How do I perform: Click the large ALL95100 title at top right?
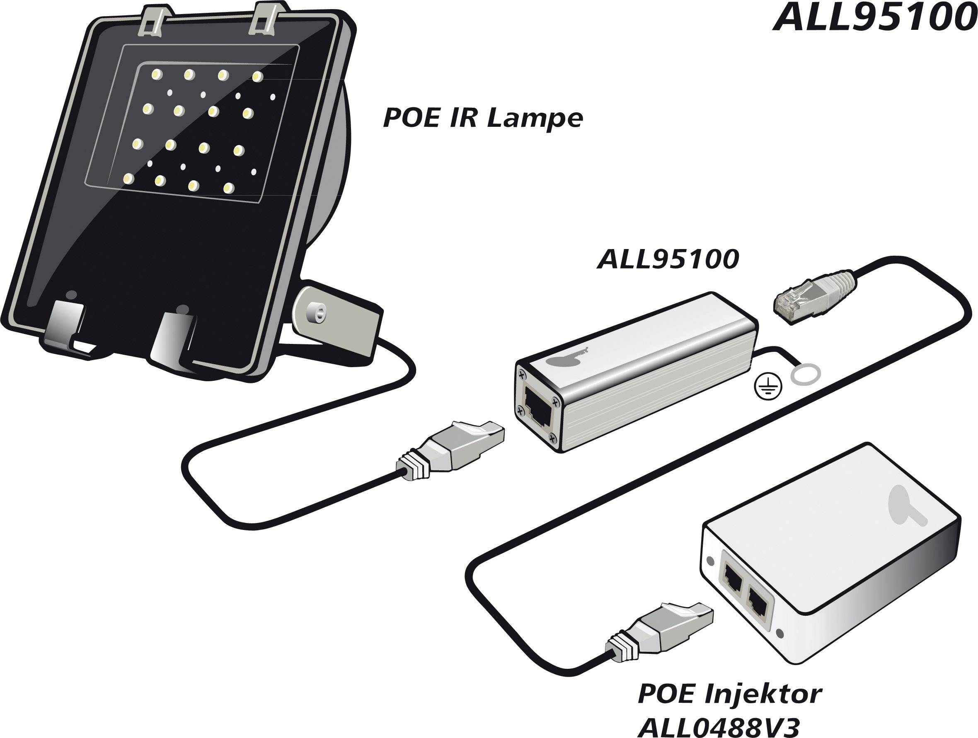(874, 19)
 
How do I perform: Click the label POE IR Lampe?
(482, 119)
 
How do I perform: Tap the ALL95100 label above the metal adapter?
(668, 259)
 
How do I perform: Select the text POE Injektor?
(729, 694)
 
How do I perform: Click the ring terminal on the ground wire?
(806, 375)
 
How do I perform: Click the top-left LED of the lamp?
(156, 74)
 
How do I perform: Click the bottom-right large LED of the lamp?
(229, 187)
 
